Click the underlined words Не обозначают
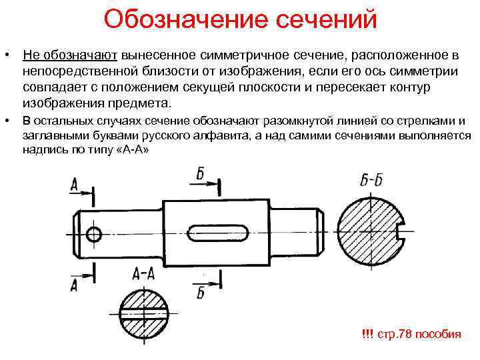(x=69, y=53)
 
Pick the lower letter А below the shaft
(x=73, y=285)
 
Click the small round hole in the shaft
(x=93, y=233)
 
